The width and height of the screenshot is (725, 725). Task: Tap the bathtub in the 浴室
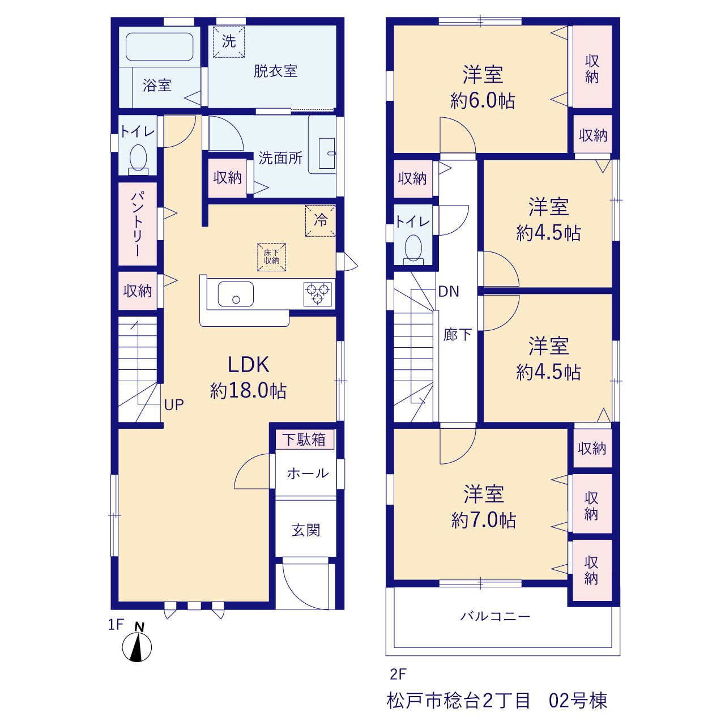click(x=159, y=46)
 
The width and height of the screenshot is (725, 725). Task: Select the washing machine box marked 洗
click(x=229, y=42)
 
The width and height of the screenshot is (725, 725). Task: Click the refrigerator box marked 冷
click(x=321, y=221)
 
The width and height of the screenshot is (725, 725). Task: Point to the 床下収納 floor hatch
click(x=271, y=257)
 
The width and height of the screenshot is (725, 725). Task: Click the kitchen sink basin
click(x=236, y=294)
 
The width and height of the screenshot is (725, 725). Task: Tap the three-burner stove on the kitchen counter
click(x=318, y=294)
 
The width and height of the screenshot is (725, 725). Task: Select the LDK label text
click(x=249, y=365)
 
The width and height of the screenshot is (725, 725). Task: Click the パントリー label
click(x=137, y=224)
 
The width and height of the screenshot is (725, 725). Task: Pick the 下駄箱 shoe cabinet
click(x=305, y=439)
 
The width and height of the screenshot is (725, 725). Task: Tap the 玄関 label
click(x=306, y=530)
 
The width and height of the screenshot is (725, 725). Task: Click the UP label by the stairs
click(x=174, y=405)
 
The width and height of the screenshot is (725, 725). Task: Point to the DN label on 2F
click(x=449, y=292)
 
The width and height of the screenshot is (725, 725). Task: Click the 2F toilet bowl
click(x=413, y=248)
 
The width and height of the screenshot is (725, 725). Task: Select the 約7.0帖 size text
click(x=484, y=521)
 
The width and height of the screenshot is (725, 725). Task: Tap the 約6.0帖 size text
click(x=483, y=100)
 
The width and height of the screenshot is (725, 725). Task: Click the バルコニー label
click(x=496, y=616)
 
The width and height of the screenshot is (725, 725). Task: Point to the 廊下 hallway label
click(x=458, y=335)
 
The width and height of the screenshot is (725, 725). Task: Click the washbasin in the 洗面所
click(x=327, y=153)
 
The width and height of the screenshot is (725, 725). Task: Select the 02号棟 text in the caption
click(x=578, y=701)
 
